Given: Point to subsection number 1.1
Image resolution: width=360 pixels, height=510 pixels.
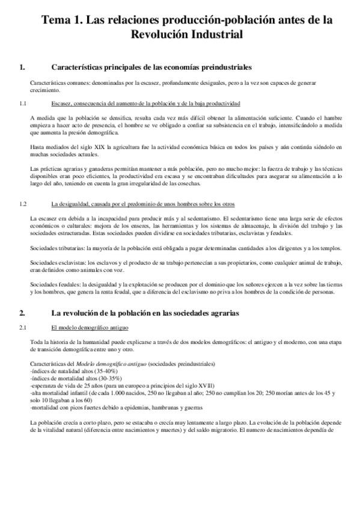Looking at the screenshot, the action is pos(23,103).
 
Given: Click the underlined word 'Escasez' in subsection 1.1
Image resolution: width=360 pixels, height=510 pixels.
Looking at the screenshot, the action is pos(63,103).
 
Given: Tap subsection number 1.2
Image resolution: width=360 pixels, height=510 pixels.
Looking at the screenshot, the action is pos(23,204).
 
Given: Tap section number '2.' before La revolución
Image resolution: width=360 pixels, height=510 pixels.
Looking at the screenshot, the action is pos(22,313).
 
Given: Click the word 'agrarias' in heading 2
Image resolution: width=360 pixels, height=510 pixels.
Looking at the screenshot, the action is pos(222,313).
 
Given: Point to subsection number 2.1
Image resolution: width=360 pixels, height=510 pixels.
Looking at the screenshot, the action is pos(23,327).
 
